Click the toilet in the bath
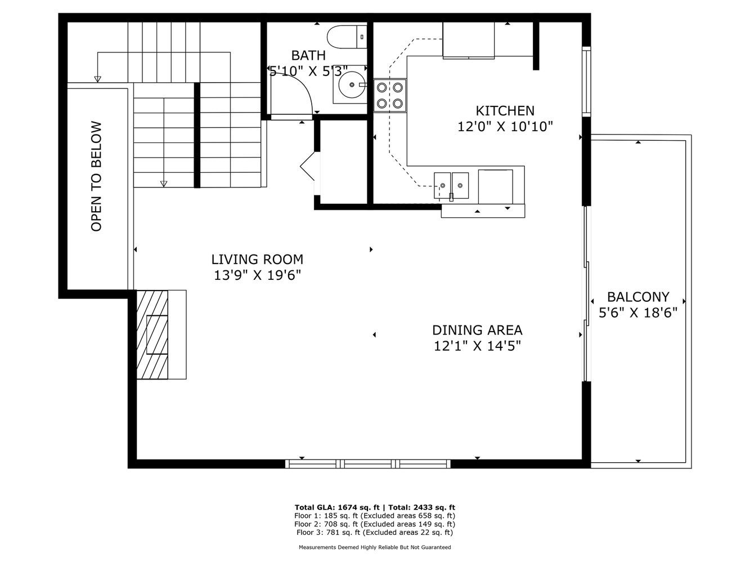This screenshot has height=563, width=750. click(x=346, y=36)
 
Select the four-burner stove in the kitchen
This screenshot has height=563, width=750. click(x=390, y=95)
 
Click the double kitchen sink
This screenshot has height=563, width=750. click(x=451, y=185)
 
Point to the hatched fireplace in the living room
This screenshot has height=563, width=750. click(x=153, y=334)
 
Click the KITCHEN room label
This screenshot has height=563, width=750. click(x=505, y=111)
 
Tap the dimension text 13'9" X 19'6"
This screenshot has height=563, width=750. click(x=257, y=275)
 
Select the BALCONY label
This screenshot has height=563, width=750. click(x=638, y=297)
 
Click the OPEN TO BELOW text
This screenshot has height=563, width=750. click(x=96, y=176)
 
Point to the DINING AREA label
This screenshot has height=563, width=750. click(x=477, y=330)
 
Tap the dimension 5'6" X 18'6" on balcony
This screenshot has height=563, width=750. click(x=638, y=312)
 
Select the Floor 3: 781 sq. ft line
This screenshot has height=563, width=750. click(x=374, y=532)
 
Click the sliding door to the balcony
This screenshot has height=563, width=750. click(x=586, y=293)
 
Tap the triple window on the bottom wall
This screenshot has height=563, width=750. click(x=368, y=463)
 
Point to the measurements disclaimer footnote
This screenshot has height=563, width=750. click(x=374, y=547)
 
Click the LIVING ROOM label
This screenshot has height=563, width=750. click(x=257, y=260)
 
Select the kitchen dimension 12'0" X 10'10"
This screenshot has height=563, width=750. click(x=505, y=127)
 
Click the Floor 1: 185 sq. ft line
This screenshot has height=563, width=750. click(x=374, y=515)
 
